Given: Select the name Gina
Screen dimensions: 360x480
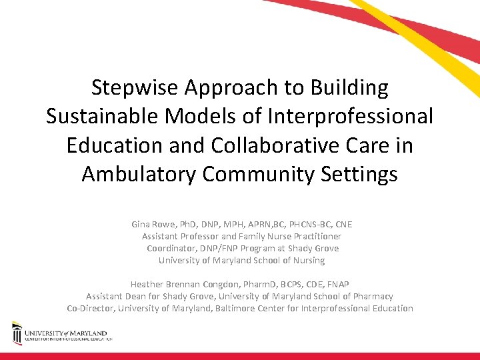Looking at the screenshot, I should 142,224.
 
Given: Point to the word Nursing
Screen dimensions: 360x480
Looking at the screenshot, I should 307,260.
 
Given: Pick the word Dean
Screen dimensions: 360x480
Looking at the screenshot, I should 141,296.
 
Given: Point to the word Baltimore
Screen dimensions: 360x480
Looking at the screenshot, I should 250,308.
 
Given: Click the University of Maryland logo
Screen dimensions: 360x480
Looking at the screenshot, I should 60,333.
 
